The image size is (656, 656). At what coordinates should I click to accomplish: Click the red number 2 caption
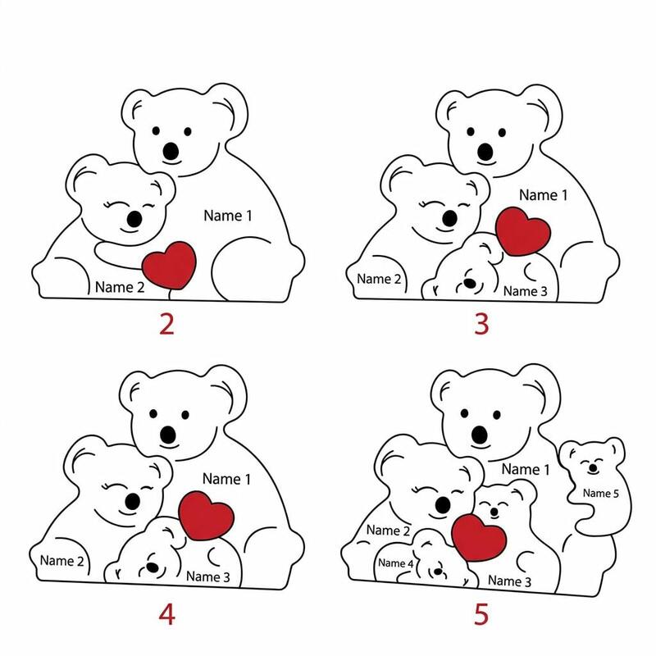pyautogui.click(x=166, y=324)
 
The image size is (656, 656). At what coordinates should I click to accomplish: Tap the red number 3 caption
pyautogui.click(x=481, y=324)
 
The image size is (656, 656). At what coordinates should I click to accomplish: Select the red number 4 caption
pyautogui.click(x=166, y=615)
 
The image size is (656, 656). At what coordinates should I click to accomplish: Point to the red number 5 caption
pyautogui.click(x=481, y=615)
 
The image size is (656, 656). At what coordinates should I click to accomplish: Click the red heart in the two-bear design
pyautogui.click(x=169, y=265)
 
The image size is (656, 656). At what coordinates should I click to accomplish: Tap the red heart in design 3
pyautogui.click(x=523, y=231)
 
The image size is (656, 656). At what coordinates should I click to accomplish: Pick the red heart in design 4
pyautogui.click(x=207, y=516)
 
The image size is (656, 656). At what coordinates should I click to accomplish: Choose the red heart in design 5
pyautogui.click(x=479, y=538)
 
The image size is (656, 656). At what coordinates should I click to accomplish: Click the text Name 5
pyautogui.click(x=601, y=494)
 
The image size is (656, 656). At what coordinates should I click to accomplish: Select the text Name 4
pyautogui.click(x=396, y=563)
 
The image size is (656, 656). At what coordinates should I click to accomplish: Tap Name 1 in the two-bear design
pyautogui.click(x=228, y=216)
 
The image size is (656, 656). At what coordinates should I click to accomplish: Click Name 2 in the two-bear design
pyautogui.click(x=120, y=287)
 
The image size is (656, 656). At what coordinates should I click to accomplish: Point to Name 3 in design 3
pyautogui.click(x=525, y=291)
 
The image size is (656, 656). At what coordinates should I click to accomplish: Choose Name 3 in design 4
pyautogui.click(x=208, y=576)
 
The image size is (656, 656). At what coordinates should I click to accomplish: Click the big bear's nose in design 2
pyautogui.click(x=171, y=151)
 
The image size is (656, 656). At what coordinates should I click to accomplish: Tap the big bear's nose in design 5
pyautogui.click(x=480, y=435)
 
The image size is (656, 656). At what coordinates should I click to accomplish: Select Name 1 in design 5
pyautogui.click(x=526, y=469)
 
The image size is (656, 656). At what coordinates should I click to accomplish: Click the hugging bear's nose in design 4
pyautogui.click(x=132, y=501)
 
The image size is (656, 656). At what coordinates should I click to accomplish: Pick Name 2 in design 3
pyautogui.click(x=379, y=279)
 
